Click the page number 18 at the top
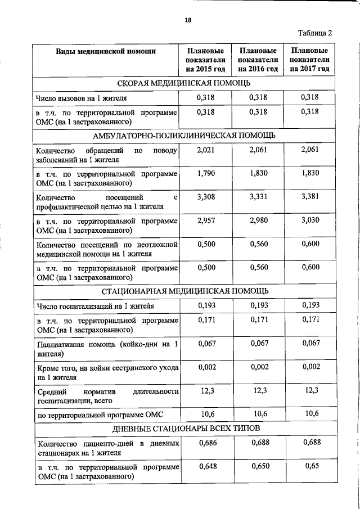(x=188, y=20)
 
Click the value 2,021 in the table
(x=206, y=150)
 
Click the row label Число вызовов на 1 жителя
(x=81, y=98)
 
